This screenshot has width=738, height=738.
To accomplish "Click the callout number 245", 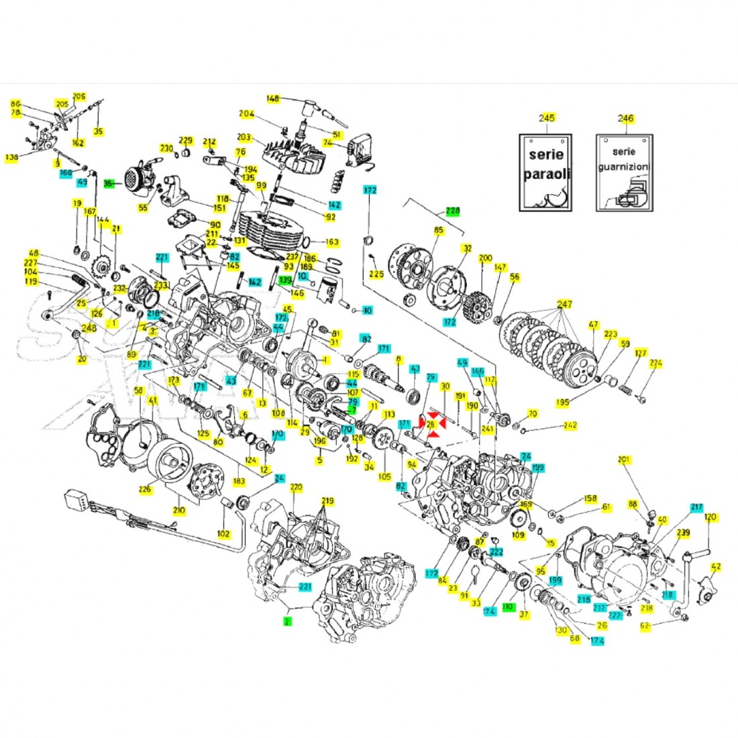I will [x=547, y=118].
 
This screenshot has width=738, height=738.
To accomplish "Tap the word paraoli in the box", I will [x=546, y=173].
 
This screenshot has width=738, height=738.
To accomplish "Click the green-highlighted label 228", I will [x=453, y=211].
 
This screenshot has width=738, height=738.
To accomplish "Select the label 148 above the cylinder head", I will [x=272, y=99].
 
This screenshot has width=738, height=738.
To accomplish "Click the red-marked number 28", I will [x=431, y=424].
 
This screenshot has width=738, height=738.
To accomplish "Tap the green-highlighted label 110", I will [x=508, y=607].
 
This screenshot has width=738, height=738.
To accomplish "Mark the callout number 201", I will [x=625, y=460].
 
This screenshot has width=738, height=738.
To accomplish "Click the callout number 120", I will [x=710, y=517].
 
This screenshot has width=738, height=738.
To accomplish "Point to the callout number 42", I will [x=717, y=566].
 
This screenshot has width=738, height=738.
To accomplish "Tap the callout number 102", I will [x=223, y=533].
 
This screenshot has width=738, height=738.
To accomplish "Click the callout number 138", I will [x=11, y=158].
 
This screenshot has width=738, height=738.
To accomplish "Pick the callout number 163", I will [x=332, y=242].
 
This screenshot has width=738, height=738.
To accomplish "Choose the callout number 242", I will [x=570, y=425].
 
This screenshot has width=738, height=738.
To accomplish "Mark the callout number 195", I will [x=563, y=402].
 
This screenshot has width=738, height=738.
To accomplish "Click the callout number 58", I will [x=139, y=390].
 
